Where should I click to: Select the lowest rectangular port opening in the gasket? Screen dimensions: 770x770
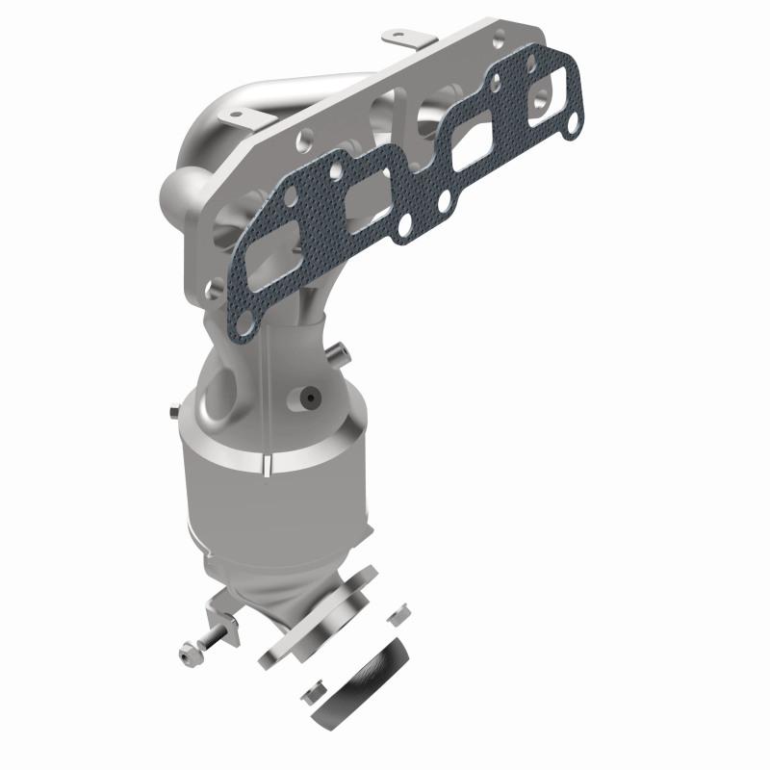262,271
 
